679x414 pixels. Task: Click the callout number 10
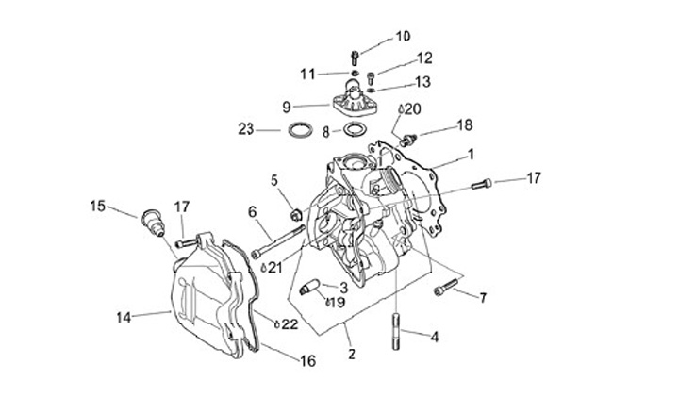tap(403, 37)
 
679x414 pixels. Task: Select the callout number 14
tap(123, 317)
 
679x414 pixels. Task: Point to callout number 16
tap(307, 361)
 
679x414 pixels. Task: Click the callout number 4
tap(434, 337)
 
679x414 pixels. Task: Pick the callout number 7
tap(483, 299)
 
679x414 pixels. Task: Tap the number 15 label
tap(97, 205)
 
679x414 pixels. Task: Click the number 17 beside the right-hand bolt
tap(535, 176)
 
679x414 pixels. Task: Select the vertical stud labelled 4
tap(394, 331)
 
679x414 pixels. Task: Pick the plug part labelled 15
tap(148, 224)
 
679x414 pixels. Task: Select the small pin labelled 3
tap(309, 288)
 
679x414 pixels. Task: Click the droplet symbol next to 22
tap(276, 324)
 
